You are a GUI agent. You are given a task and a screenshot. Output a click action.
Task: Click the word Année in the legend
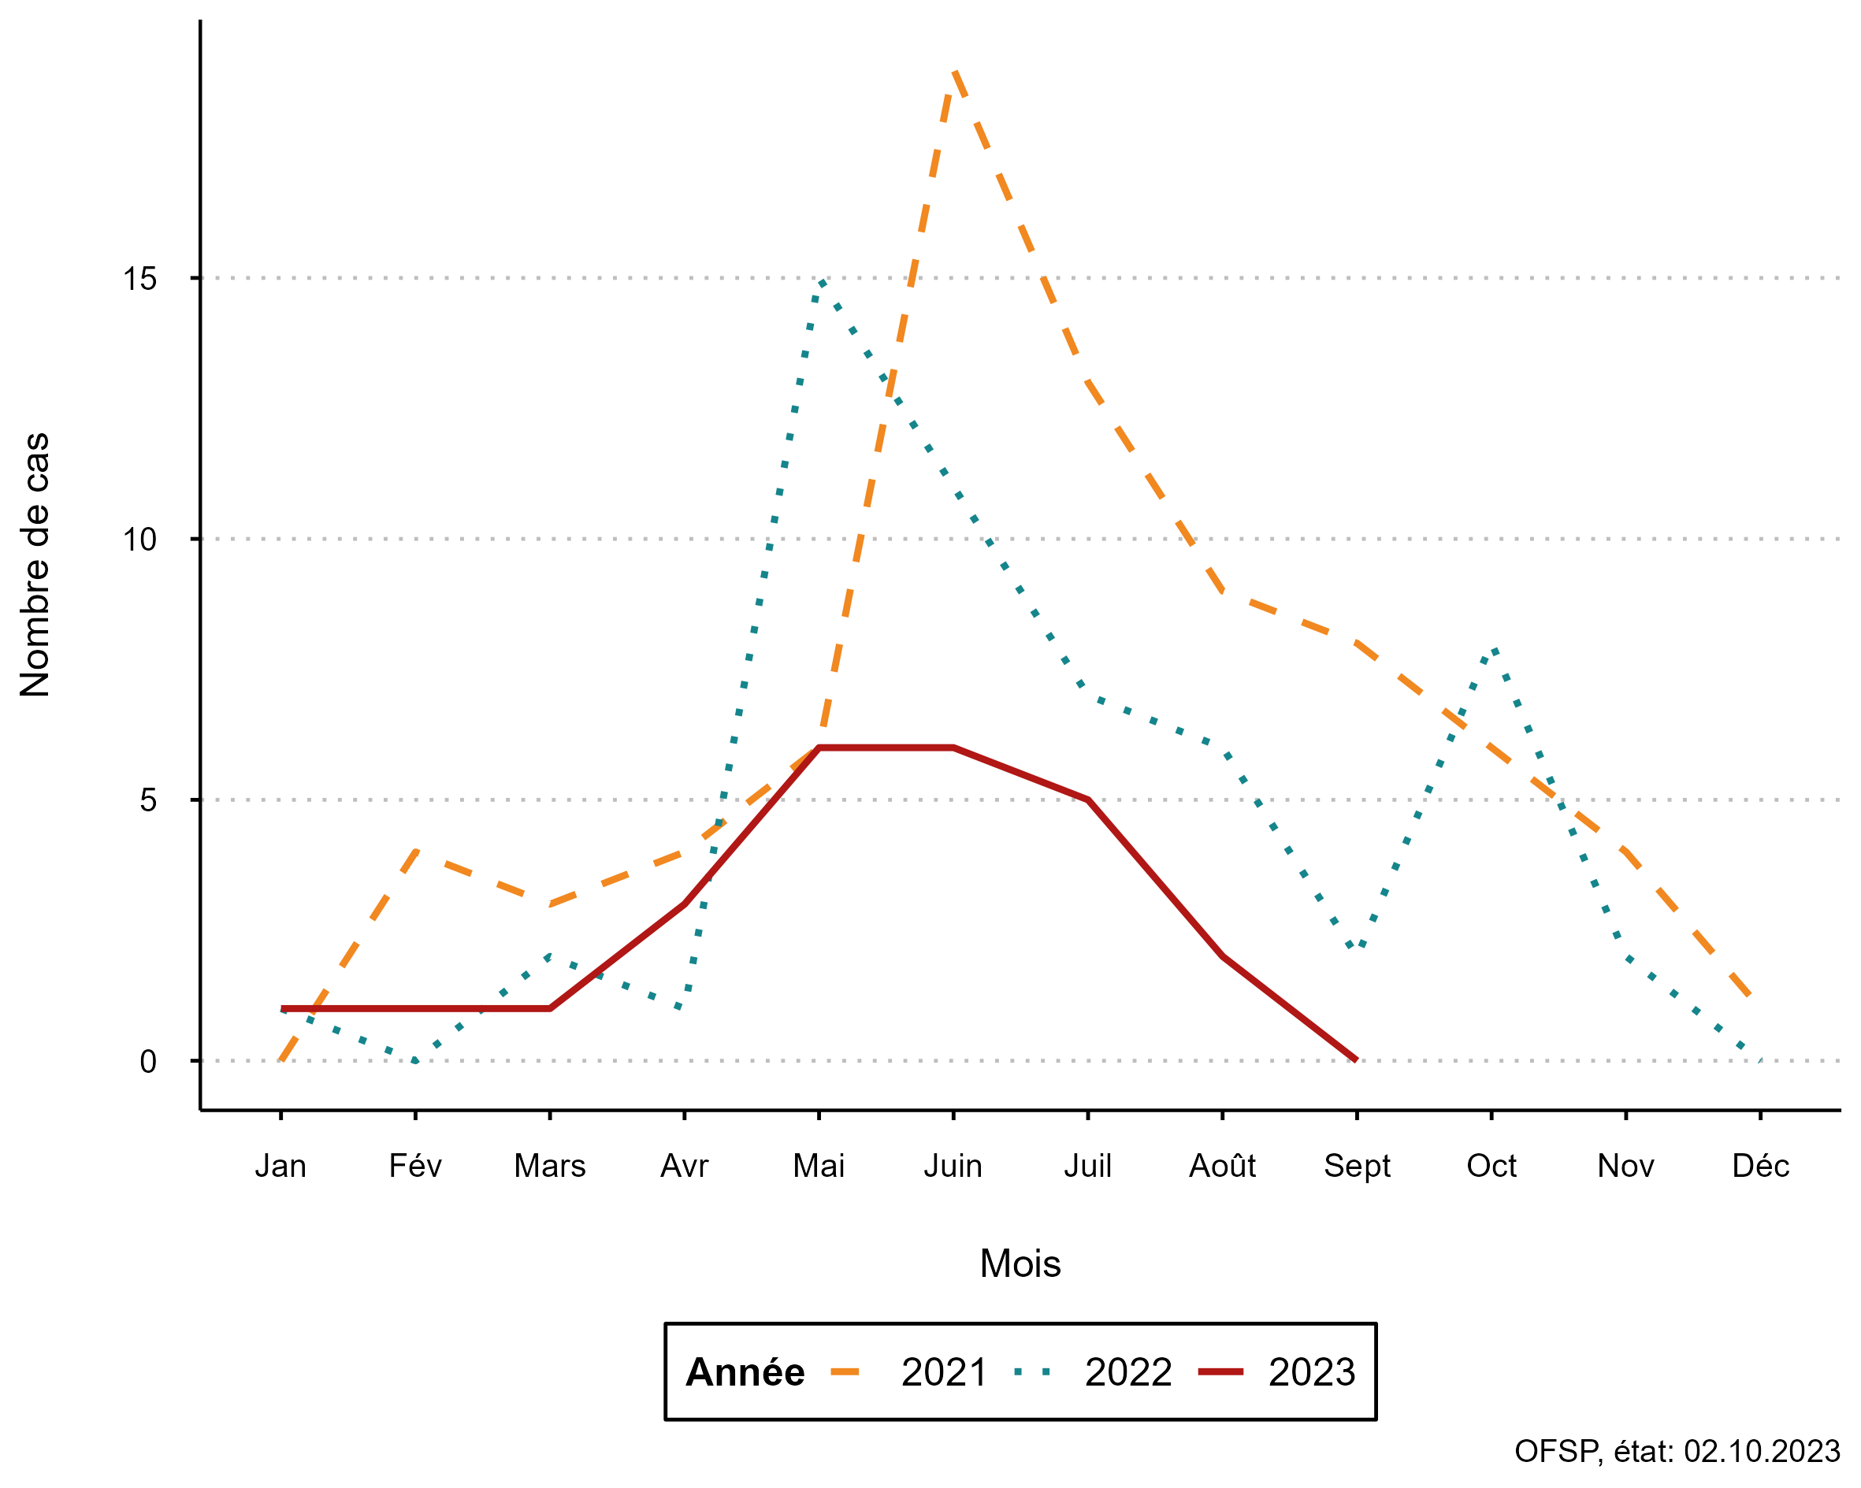point(744,1372)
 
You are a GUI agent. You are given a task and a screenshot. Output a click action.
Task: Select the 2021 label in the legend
point(943,1372)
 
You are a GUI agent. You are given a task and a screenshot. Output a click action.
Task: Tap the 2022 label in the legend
point(1127,1372)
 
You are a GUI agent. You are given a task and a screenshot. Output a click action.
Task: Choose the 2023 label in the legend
point(1311,1372)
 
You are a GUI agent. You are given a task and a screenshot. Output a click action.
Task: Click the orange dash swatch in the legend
point(844,1371)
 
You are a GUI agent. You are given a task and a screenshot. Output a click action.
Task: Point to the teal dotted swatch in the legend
point(1032,1371)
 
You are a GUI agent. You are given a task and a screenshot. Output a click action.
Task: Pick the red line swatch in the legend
point(1220,1371)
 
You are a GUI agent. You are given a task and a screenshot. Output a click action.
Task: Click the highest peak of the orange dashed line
point(954,71)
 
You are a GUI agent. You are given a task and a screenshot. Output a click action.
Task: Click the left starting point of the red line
point(283,1008)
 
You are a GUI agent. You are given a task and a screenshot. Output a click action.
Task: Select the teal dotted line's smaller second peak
point(1493,648)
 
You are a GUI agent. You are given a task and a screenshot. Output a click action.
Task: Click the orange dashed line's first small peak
point(417,851)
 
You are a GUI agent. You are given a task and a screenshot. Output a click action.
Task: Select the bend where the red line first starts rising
point(551,1008)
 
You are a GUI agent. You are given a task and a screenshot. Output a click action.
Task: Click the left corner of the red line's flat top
point(819,748)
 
